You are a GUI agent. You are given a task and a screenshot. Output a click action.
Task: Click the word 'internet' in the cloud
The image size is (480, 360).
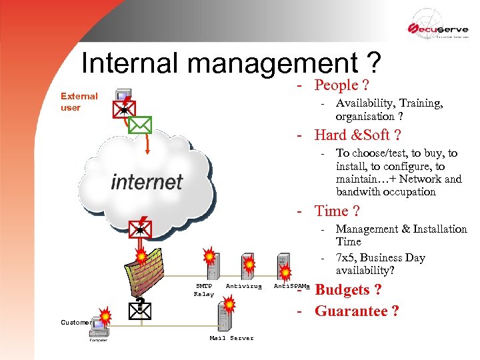tap(147, 181)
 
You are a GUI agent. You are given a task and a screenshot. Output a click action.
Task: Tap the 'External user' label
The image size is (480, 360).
tap(79, 101)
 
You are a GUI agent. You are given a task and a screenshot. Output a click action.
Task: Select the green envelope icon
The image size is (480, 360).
tap(140, 125)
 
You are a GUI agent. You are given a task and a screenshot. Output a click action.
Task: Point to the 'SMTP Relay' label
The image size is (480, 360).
tap(204, 289)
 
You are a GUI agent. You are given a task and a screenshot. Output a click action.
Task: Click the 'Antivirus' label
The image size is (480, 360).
tap(244, 286)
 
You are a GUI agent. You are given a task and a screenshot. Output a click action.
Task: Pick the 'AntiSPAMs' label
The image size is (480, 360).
tap(292, 286)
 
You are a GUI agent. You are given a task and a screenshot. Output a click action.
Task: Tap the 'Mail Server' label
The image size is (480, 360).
tap(231, 338)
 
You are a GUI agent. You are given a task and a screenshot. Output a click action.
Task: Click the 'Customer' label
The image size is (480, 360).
tap(76, 323)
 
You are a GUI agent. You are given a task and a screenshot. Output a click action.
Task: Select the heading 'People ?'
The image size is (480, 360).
tap(342, 85)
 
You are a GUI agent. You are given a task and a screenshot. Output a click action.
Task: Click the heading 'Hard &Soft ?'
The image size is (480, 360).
tap(357, 135)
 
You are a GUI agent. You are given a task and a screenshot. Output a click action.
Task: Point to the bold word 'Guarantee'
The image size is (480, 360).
tap(352, 311)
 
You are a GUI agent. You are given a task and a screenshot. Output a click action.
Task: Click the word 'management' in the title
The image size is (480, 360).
tap(273, 63)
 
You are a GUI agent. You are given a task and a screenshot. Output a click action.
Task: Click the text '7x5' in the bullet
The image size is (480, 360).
tap(345, 258)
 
